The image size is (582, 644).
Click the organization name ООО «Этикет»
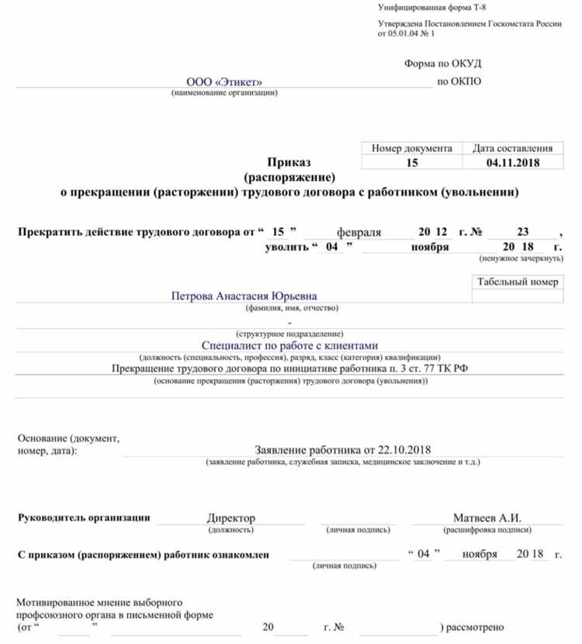(x=224, y=82)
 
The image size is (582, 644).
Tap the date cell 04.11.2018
(x=513, y=163)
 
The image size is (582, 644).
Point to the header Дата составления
(x=513, y=148)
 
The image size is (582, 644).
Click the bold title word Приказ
(x=289, y=162)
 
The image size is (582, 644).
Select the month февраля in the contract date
(x=359, y=232)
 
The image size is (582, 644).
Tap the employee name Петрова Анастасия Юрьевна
(x=244, y=296)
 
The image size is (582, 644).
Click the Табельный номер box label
(x=518, y=282)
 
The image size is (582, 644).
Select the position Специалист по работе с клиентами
(x=289, y=345)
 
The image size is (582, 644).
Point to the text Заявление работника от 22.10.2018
(x=342, y=449)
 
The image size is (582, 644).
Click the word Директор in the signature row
(x=230, y=518)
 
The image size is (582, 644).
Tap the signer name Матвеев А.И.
(x=487, y=518)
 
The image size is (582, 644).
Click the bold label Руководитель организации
(x=84, y=518)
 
